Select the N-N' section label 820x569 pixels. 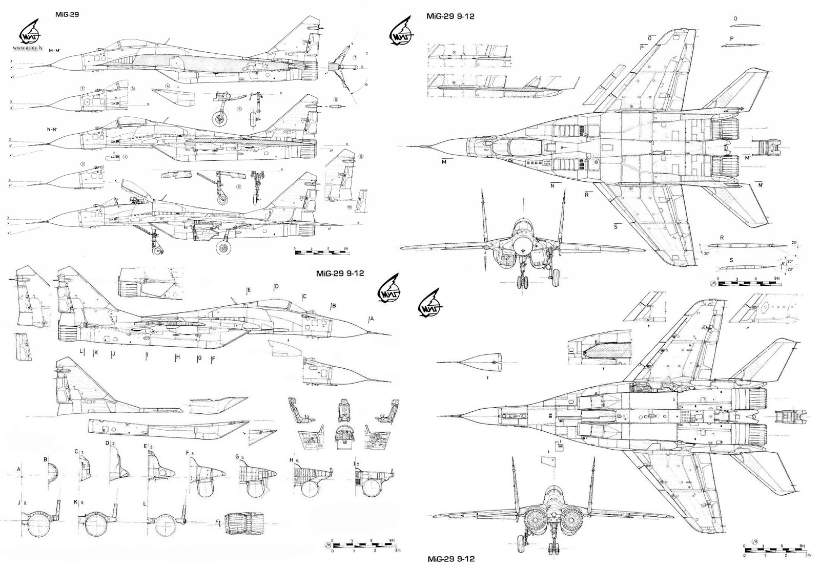click(x=52, y=130)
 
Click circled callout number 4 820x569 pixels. click(x=168, y=86)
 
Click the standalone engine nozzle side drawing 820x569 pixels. click(x=245, y=522)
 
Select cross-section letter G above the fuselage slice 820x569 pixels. click(x=237, y=456)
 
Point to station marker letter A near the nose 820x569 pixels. click(x=372, y=319)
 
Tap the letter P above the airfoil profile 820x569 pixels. click(x=731, y=38)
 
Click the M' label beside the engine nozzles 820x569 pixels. click(x=748, y=158)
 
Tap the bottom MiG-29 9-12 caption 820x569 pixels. click(x=451, y=559)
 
